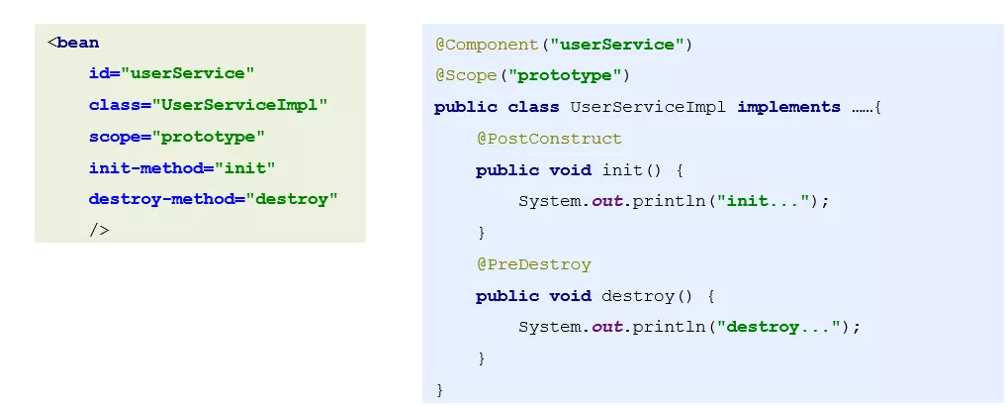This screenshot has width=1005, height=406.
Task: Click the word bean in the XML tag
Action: [x=78, y=43]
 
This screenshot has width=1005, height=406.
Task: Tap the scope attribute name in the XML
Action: [x=110, y=137]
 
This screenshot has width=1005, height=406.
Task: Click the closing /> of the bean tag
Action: [x=99, y=230]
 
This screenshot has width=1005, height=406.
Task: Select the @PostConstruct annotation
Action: [x=549, y=139]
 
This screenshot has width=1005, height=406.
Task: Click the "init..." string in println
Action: [x=766, y=201]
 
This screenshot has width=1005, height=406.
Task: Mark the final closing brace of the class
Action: [x=439, y=389]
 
